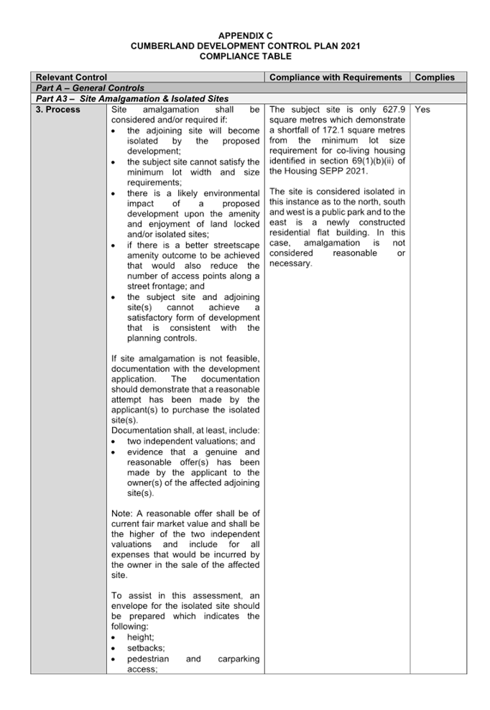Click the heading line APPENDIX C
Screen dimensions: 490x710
pos(245,36)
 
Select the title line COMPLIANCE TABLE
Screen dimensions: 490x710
pos(245,57)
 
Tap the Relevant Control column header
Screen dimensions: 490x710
pos(71,78)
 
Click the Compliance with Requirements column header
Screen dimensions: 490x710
pos(336,78)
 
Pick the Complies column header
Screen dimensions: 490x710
pos(434,78)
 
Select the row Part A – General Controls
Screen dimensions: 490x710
pos(90,88)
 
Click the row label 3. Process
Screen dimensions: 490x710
pos(57,110)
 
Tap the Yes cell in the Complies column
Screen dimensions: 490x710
pos(422,110)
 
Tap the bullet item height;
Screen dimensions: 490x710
pos(141,637)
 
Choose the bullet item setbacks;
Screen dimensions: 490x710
pos(146,648)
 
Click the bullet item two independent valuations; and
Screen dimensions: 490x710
pos(191,442)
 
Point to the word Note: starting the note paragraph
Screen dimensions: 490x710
pos(122,514)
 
